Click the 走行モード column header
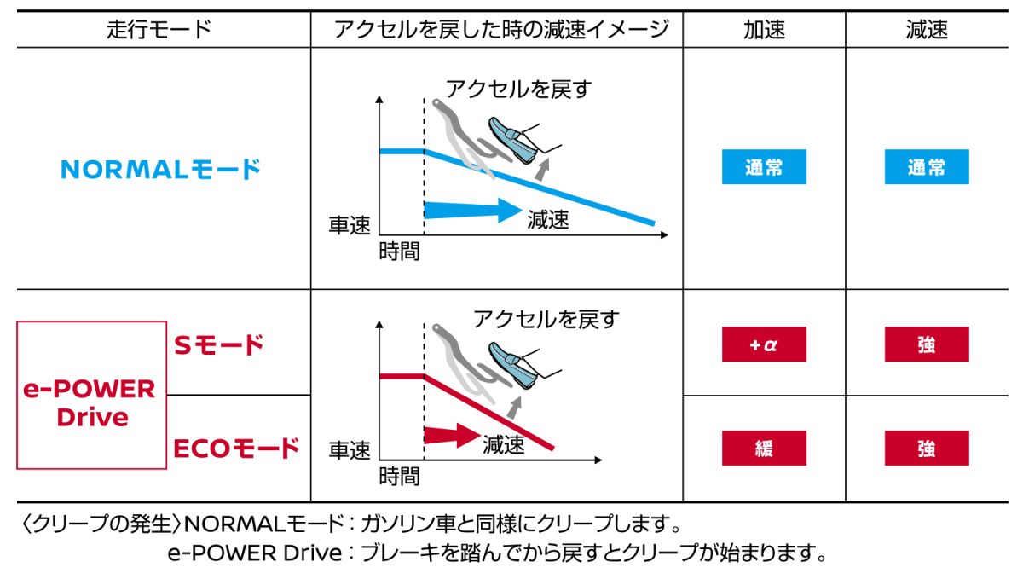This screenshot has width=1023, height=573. click(x=159, y=30)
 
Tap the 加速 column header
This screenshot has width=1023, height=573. click(x=764, y=30)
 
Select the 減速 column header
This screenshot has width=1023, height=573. click(x=927, y=30)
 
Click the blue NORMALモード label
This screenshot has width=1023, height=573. click(x=160, y=169)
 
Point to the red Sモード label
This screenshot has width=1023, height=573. click(x=219, y=345)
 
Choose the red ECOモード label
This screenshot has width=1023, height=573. click(x=236, y=449)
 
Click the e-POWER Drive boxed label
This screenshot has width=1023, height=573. click(x=91, y=396)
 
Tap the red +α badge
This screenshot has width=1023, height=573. click(x=764, y=344)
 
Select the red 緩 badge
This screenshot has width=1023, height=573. click(x=764, y=449)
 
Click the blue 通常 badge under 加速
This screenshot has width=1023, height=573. click(x=764, y=167)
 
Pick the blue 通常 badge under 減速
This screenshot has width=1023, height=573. click(x=927, y=167)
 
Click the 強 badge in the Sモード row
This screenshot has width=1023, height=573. click(x=927, y=344)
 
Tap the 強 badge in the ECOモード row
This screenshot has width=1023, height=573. click(x=927, y=449)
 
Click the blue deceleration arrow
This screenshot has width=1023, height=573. click(x=473, y=211)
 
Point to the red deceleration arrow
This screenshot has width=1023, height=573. click(x=452, y=435)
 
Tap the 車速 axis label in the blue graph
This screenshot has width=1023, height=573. click(x=350, y=225)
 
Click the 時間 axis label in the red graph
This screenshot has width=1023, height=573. click(x=400, y=477)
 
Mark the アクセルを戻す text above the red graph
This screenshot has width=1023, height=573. click(x=546, y=319)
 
